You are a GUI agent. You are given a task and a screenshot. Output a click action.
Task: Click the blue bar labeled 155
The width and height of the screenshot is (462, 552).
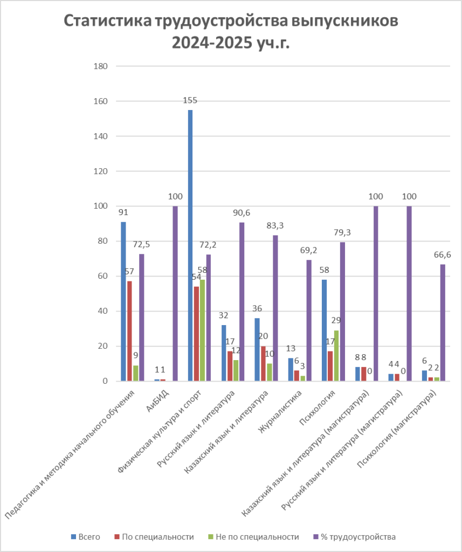pos(190,245)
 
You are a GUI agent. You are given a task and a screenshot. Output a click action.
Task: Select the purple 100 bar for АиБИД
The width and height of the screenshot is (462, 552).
pos(175,293)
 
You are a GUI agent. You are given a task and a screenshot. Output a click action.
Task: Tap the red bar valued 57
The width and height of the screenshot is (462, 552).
pos(129,331)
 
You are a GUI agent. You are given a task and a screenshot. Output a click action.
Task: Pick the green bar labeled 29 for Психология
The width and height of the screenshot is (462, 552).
pos(336,356)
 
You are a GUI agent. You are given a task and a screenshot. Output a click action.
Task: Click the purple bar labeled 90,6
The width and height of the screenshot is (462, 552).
pos(242,302)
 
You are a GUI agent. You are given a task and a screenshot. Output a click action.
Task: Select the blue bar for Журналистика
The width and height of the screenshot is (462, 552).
pos(291,370)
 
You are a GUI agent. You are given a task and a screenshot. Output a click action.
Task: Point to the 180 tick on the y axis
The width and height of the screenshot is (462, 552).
pos(101,66)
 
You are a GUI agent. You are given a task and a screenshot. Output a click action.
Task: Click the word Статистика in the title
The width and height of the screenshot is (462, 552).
pos(107,22)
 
